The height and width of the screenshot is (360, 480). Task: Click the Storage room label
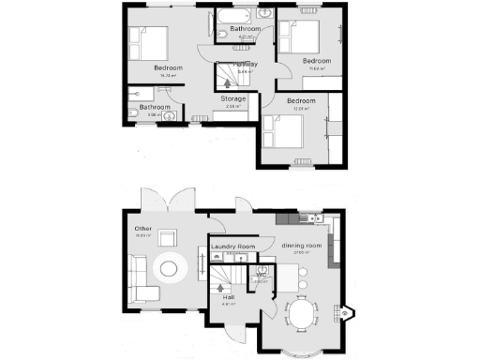[x=233, y=98]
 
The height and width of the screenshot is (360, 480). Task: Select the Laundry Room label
[x=233, y=247]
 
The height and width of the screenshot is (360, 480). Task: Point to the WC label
[x=262, y=275]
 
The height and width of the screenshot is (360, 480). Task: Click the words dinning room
[x=301, y=246]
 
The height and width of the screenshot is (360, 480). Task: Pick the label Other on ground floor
[x=143, y=229]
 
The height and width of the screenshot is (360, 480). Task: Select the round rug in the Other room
[x=172, y=270]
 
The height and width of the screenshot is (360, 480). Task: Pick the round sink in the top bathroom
[x=264, y=16]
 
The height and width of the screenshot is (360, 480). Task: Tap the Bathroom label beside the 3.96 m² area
[x=155, y=107]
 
